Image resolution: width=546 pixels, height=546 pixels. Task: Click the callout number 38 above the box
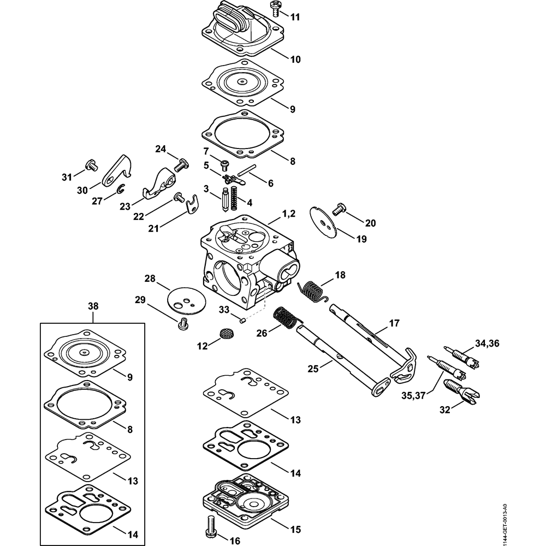click(x=93, y=307)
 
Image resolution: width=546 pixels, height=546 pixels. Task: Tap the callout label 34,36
click(x=486, y=343)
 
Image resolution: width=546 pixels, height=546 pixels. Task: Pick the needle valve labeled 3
click(x=225, y=198)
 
